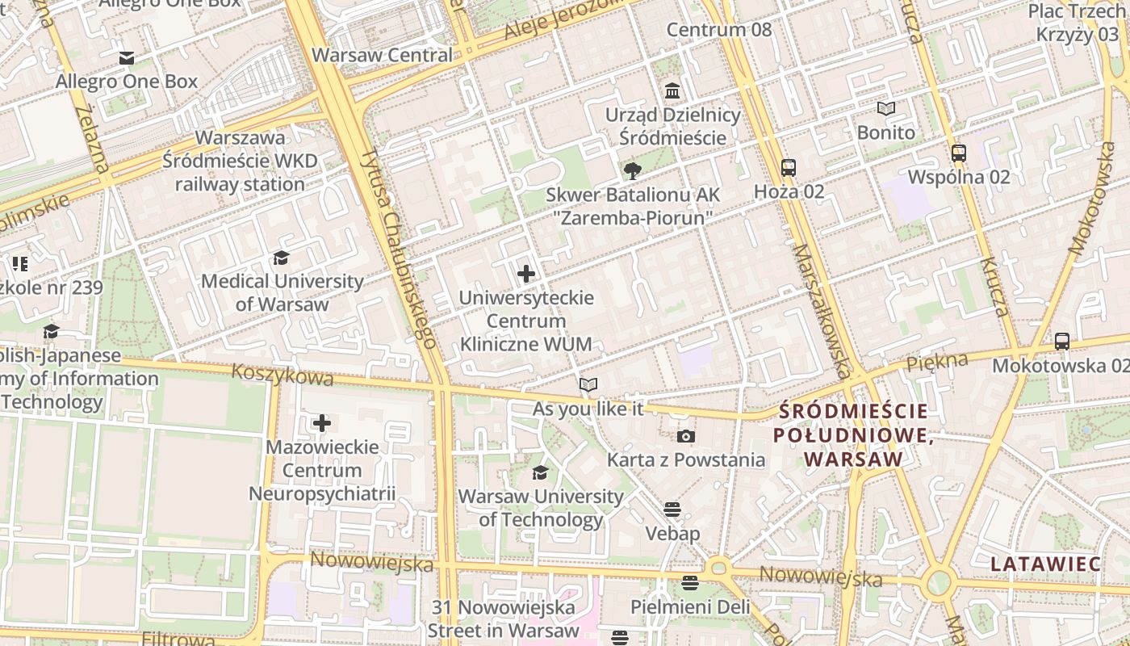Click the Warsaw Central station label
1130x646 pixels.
pos(382,55)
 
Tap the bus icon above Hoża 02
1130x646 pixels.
pos(789,168)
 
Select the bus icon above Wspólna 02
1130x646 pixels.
pos(959,153)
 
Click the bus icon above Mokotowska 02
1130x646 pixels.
pos(1062,342)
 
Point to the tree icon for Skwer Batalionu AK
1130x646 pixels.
pos(633,170)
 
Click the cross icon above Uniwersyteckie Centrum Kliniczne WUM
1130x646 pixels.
pos(526,274)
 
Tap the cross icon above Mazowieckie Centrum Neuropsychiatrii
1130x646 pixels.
pos(322,423)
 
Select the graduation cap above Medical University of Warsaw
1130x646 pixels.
pos(282,258)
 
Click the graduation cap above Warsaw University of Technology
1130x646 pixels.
pos(540,472)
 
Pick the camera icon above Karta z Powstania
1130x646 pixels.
pos(685,437)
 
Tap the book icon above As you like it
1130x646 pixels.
pos(588,385)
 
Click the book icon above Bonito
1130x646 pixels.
pos(886,109)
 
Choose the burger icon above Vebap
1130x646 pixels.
pos(672,510)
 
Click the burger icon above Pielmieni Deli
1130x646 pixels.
pos(689,582)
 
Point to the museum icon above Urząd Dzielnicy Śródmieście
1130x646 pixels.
pos(672,90)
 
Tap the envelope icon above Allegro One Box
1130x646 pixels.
pos(127,58)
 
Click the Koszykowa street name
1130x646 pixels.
pos(282,375)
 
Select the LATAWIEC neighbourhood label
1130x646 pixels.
pos(1045,564)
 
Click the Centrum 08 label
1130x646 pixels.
pos(718,30)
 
